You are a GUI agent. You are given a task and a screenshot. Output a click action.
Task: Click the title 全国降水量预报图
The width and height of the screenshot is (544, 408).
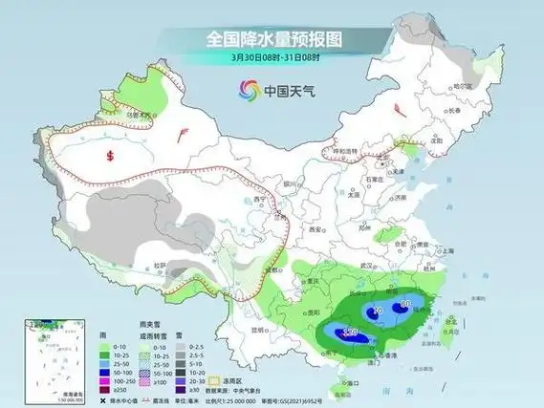pos(272,39)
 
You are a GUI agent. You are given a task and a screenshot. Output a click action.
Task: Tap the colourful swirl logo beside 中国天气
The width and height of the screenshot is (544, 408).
pos(249,90)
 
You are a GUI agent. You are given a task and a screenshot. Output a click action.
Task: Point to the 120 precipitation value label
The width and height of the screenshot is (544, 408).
pos(349,333)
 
